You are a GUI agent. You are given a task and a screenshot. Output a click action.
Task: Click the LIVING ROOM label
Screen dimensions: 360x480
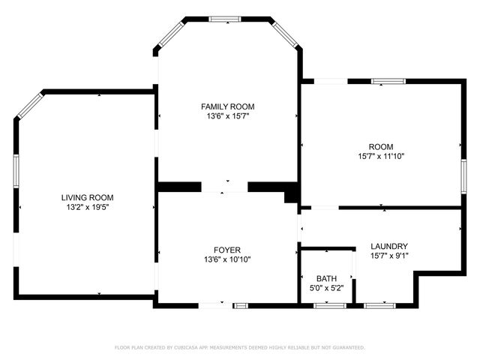[x=87, y=197]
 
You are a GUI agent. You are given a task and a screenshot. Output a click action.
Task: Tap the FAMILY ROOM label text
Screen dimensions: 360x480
[x=227, y=106]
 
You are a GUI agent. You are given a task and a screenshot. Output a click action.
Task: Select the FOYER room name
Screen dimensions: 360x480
[x=227, y=250]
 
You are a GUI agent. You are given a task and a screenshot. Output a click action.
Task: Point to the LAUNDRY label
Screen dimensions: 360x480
[x=389, y=246]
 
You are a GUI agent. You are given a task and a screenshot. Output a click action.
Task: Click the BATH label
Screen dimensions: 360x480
[x=326, y=277]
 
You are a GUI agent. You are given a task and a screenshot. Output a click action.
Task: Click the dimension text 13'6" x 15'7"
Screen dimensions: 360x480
[x=227, y=116]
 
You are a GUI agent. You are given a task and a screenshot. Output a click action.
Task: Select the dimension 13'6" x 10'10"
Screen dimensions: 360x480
[x=227, y=259]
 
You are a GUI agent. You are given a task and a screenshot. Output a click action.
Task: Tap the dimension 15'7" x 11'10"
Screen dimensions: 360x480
[x=381, y=156]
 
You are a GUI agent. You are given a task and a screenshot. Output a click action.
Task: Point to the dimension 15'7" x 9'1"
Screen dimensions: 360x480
[x=389, y=256]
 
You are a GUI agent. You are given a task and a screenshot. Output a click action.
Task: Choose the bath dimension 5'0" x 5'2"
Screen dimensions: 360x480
[x=326, y=287]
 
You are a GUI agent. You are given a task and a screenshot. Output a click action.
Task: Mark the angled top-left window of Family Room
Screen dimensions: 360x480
[x=170, y=34]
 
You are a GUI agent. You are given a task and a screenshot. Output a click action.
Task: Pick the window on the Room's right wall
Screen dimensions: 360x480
[x=463, y=176]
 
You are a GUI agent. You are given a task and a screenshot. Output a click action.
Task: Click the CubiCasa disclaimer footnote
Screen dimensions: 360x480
[x=239, y=347]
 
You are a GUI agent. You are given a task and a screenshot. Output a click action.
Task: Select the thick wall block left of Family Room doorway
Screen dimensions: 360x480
[x=178, y=187]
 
